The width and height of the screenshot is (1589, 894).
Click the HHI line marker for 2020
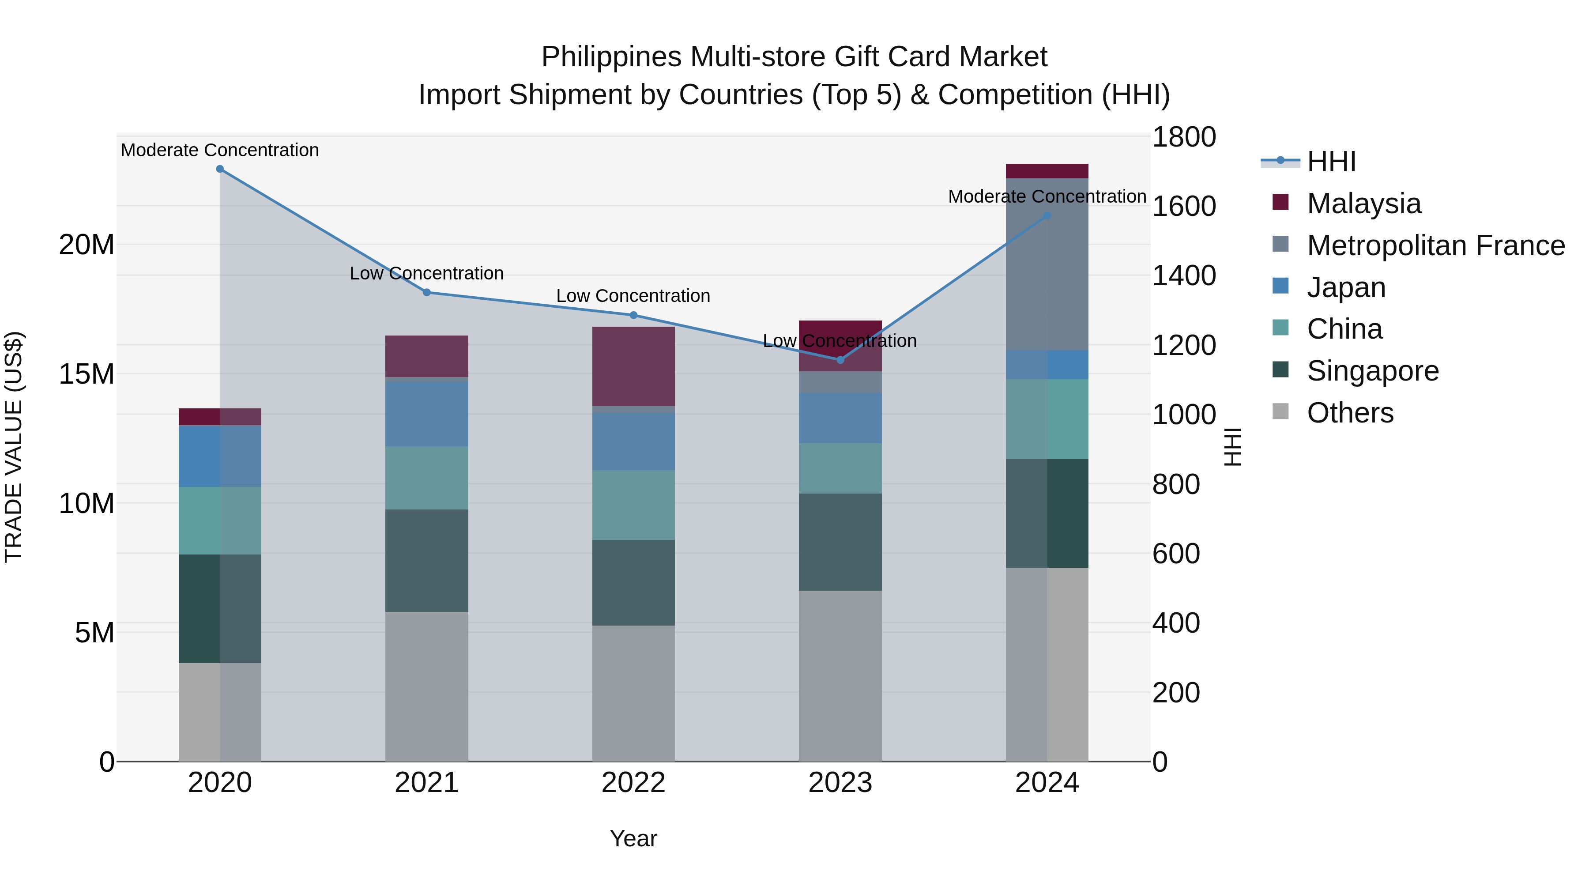[220, 169]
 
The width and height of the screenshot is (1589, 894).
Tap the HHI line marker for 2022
[633, 315]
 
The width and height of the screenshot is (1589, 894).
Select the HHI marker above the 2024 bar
[1047, 216]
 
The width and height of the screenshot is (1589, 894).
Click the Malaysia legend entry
[1363, 204]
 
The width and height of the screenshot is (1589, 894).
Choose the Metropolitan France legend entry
[1435, 245]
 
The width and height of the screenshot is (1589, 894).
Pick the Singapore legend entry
[1372, 371]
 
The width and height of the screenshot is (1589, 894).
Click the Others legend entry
[1350, 413]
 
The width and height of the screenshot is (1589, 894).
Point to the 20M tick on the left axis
[87, 245]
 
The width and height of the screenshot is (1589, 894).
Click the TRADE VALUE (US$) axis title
[14, 447]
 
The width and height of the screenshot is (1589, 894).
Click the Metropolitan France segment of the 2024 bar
[1047, 264]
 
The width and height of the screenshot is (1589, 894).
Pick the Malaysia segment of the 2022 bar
[633, 366]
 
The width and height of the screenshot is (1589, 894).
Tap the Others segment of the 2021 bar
[426, 686]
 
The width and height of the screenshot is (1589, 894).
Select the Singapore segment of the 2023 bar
[840, 542]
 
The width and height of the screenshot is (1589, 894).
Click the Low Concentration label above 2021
[426, 273]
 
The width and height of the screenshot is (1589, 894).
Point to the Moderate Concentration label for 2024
[1047, 197]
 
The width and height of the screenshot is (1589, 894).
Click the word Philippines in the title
[611, 57]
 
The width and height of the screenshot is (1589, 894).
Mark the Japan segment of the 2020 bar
[220, 456]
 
